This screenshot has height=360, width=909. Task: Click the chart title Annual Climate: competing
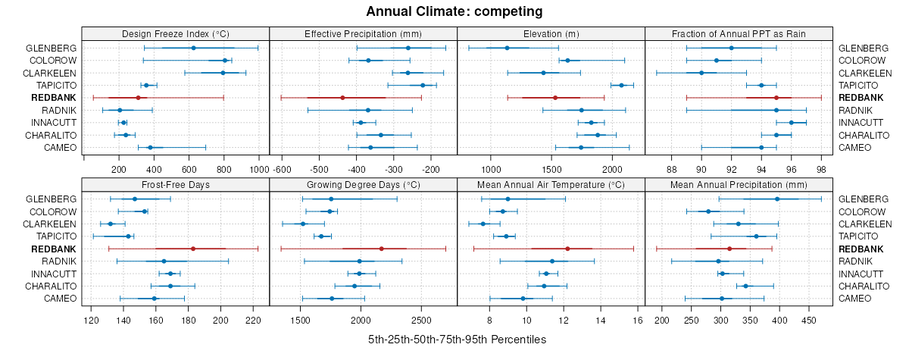click(454, 11)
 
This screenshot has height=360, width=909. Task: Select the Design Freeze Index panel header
click(175, 33)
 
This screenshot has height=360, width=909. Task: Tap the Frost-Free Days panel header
click(175, 183)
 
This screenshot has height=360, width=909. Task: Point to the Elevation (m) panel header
click(551, 33)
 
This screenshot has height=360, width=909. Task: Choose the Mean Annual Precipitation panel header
click(739, 183)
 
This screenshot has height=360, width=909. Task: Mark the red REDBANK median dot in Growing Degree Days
click(381, 249)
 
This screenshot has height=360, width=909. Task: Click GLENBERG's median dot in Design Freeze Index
click(193, 48)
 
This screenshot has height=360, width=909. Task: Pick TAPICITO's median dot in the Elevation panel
click(621, 85)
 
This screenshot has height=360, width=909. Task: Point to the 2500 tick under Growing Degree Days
click(421, 321)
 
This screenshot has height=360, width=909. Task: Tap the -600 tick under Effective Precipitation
click(282, 171)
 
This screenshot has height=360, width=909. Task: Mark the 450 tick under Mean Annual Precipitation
click(811, 321)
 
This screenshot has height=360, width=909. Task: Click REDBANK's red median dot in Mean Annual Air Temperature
click(567, 249)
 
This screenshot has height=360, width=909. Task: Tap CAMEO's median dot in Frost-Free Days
click(155, 299)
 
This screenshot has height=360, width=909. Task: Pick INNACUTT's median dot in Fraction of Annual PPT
click(792, 122)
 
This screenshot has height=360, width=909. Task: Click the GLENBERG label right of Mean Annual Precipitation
click(864, 199)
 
